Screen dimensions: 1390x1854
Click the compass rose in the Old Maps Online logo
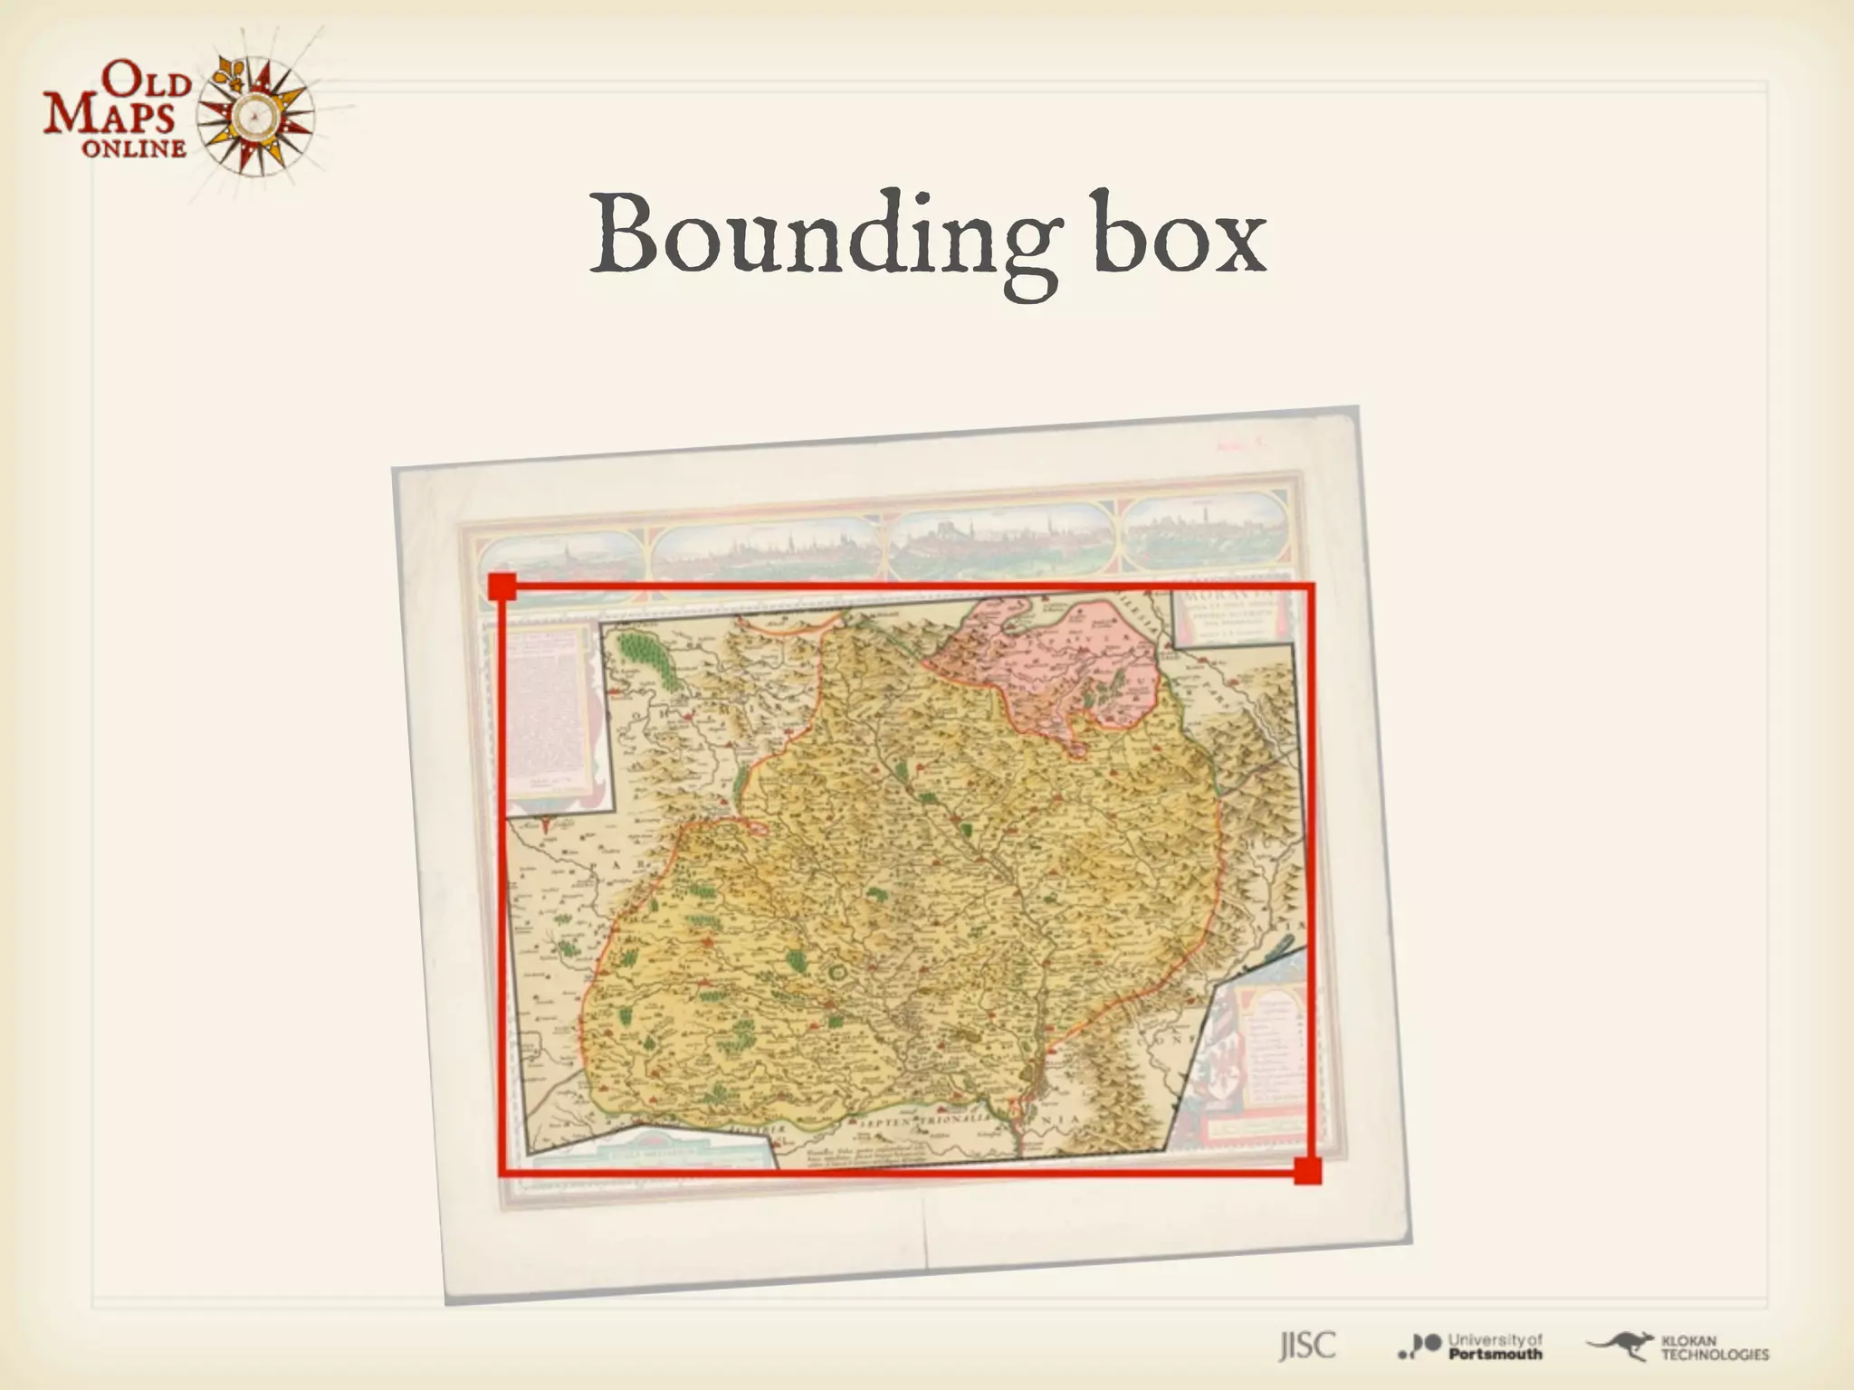click(x=256, y=115)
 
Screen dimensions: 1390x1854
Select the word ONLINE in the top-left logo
click(x=134, y=148)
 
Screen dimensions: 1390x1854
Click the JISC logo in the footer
click(x=1306, y=1346)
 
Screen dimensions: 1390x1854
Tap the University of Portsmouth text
click(x=1495, y=1347)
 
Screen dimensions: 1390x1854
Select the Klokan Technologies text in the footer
click(x=1714, y=1347)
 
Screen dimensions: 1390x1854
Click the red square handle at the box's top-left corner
click(x=502, y=586)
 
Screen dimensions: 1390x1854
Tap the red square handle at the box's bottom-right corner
click(x=1307, y=1170)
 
